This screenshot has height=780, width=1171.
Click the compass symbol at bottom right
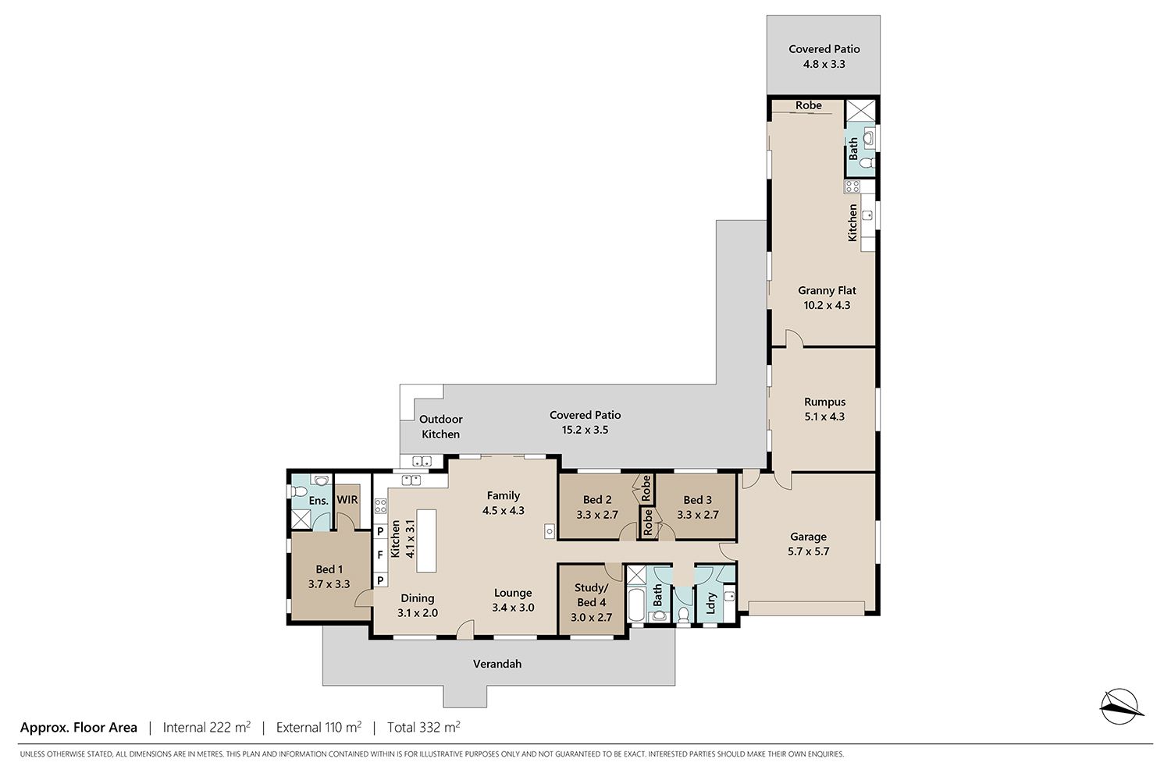point(1121,707)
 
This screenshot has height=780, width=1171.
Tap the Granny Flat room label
point(827,298)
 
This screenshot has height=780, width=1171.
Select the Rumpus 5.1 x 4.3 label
point(824,409)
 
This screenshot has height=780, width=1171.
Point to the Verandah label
point(497,664)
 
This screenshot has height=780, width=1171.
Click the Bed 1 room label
point(329,576)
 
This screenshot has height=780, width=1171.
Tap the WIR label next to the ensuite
point(347,500)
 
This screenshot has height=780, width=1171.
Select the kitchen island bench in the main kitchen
point(426,541)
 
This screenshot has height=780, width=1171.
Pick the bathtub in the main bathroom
point(637,604)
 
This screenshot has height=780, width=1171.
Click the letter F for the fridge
point(380,555)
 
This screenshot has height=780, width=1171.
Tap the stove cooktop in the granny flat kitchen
point(852,186)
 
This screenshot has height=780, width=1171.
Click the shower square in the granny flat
point(860,111)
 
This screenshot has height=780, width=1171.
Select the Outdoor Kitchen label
point(441,427)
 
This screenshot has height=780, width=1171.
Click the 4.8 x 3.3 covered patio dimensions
point(824,64)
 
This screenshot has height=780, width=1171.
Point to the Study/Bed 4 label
point(591,602)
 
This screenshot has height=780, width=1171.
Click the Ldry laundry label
point(710,604)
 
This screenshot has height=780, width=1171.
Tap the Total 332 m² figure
point(423,727)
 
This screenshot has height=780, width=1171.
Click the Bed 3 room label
point(697,507)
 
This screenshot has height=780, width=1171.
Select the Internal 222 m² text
point(207,727)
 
